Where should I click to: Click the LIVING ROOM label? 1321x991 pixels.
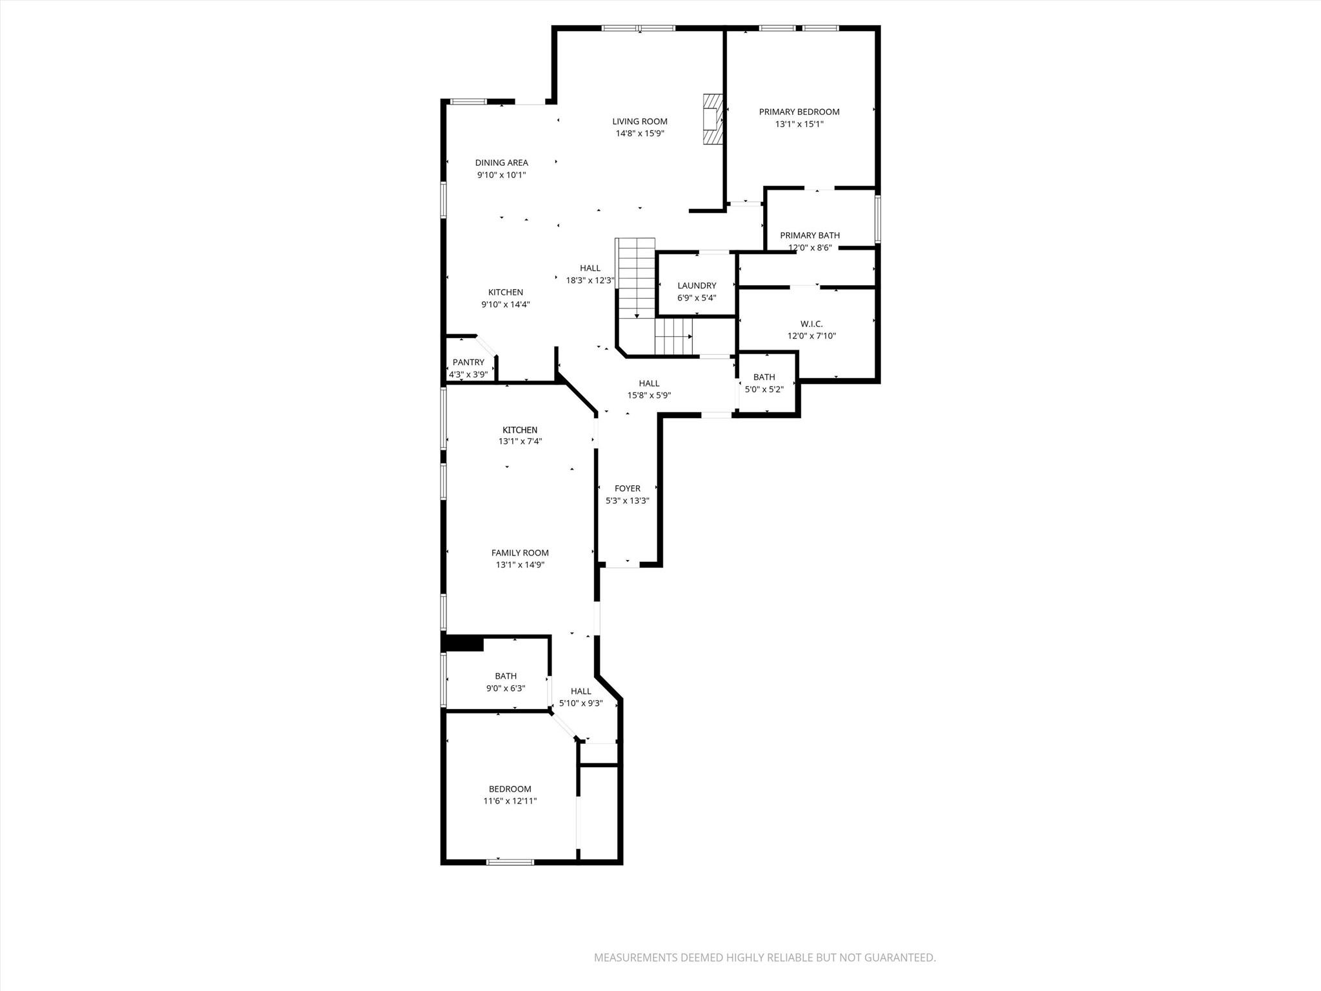pos(639,121)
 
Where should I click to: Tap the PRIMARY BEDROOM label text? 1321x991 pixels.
pos(799,112)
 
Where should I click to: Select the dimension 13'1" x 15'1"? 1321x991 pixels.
pos(799,124)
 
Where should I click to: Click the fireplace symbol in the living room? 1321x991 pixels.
pos(712,120)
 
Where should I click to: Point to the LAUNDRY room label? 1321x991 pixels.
pos(697,286)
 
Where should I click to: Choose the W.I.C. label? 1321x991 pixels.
pos(811,324)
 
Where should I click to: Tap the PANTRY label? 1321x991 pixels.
pos(468,363)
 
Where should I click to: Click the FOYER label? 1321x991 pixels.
pos(627,488)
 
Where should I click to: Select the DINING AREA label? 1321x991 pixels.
pos(501,163)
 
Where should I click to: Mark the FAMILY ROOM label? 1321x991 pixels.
pos(520,553)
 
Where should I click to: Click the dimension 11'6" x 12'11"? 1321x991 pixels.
pos(510,801)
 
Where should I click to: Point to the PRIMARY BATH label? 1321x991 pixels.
pos(809,235)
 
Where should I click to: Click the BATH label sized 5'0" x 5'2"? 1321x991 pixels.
pos(764,377)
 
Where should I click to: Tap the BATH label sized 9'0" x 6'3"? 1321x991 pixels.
pos(505,676)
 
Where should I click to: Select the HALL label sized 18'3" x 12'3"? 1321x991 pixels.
pos(590,268)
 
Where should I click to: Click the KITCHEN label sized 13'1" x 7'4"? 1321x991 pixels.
pos(520,430)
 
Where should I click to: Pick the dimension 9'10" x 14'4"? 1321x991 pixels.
pos(505,305)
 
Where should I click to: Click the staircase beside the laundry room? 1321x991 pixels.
pos(637,277)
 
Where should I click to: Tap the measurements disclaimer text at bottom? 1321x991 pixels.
pos(764,958)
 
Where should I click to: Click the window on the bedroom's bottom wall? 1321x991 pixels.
pos(510,861)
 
